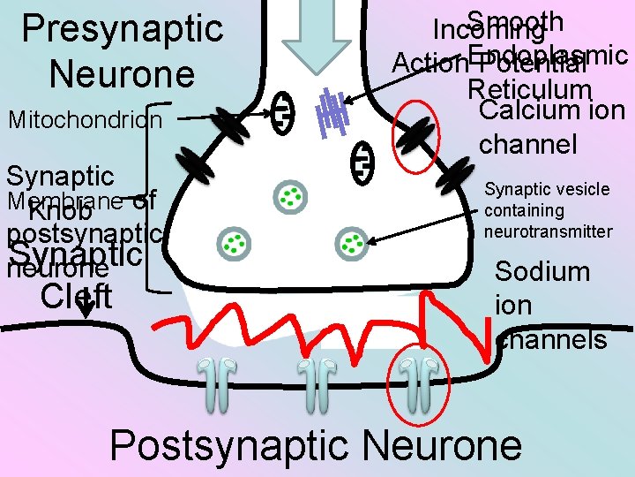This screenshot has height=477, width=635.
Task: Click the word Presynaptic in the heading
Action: pos(123,28)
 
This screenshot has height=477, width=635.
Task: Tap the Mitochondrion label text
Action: pos(85,118)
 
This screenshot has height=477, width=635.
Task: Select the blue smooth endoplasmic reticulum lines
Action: pos(333,112)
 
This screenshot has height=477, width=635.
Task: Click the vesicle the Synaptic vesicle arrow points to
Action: pos(352,242)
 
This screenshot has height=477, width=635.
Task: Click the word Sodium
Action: pos(542,270)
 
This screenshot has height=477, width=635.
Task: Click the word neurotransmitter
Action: pos(548,231)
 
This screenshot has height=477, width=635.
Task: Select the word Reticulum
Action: pos(529,90)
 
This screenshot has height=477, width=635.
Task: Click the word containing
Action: pos(524,210)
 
